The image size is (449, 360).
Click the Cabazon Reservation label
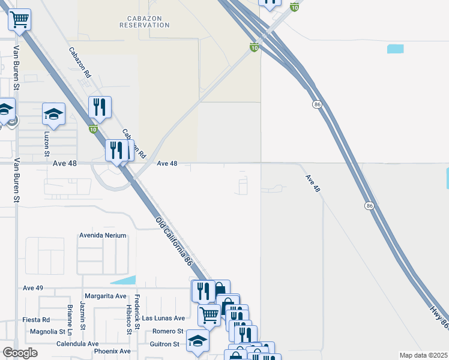point(144,22)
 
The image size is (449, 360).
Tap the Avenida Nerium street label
point(103,236)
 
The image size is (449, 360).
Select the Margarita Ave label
point(106,296)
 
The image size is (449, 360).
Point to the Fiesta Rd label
point(36,320)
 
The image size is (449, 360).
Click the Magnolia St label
point(47,331)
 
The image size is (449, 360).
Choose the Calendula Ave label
point(77,344)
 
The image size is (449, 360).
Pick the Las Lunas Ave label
point(163,317)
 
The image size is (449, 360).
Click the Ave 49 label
point(33,288)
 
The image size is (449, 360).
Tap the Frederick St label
point(137,312)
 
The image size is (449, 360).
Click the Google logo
point(20,353)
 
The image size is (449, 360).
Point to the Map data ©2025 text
point(423,355)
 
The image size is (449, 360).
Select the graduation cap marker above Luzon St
point(53,114)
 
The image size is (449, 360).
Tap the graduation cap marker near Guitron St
point(197,341)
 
